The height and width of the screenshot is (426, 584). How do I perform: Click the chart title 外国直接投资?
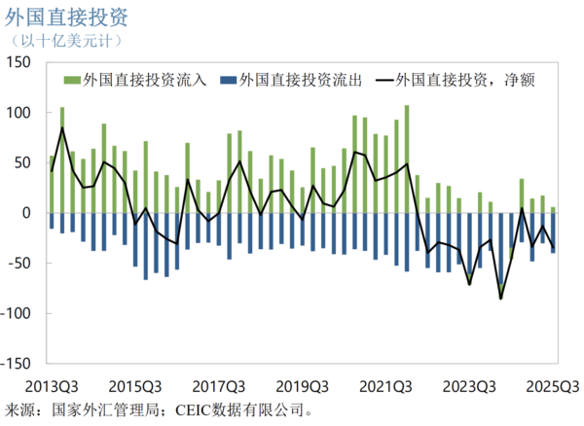point(72,18)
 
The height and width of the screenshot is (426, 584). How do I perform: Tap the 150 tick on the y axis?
point(18,62)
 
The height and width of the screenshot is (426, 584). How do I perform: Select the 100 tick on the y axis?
point(18,113)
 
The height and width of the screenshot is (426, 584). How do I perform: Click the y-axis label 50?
point(22,162)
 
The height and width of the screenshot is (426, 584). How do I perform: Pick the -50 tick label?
point(18,264)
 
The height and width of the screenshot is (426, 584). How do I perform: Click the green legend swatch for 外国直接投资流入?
point(72,81)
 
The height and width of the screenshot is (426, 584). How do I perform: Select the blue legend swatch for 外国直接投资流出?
point(228,81)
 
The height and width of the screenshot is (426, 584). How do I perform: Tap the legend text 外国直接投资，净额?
point(467,81)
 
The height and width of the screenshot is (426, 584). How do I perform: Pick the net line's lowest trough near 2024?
point(501,298)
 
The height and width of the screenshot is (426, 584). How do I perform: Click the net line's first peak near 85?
point(62,127)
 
